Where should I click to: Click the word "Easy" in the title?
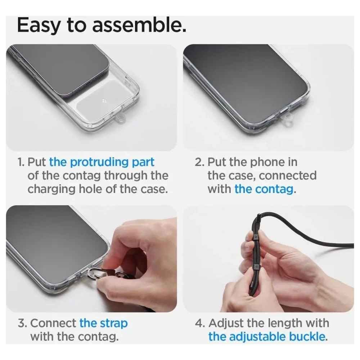(39, 26)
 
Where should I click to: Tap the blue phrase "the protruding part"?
(102, 162)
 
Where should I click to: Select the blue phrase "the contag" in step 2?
(264, 189)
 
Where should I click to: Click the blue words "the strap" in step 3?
(103, 324)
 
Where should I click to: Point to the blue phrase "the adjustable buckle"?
(267, 337)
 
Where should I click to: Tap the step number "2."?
(199, 162)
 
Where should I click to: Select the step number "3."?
(22, 324)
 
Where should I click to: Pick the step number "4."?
(200, 324)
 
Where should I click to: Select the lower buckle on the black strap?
(256, 266)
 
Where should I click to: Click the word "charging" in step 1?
(51, 190)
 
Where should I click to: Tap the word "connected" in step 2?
(288, 176)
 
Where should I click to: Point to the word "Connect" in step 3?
(53, 324)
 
